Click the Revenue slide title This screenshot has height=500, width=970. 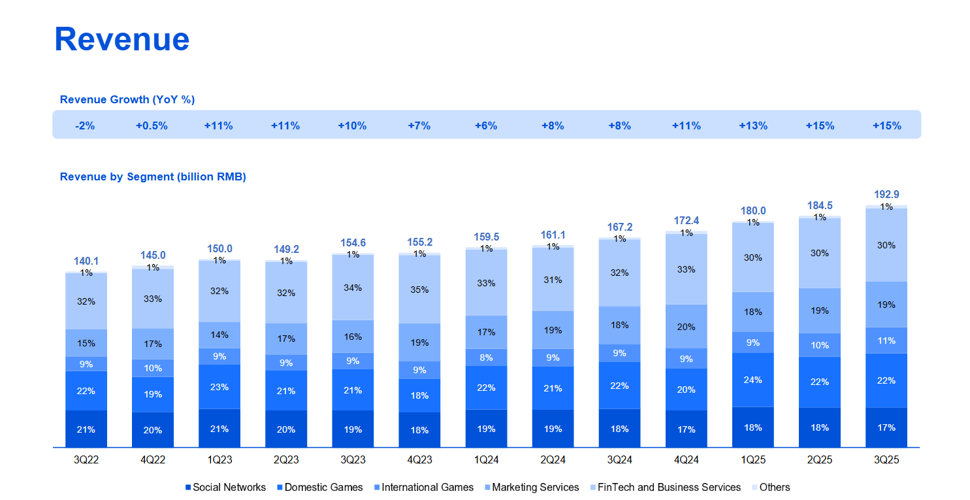[122, 39]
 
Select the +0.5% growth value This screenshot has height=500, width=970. [152, 125]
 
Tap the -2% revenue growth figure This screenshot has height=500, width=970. [85, 125]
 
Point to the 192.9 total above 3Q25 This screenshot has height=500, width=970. [886, 195]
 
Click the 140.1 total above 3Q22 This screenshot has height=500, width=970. [86, 261]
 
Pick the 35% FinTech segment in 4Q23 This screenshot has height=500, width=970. [419, 290]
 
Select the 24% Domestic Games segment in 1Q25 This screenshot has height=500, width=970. [753, 380]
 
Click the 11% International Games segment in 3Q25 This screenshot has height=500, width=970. [886, 341]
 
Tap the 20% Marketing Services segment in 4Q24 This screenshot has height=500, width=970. [686, 327]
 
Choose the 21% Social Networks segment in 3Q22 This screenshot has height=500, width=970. [86, 429]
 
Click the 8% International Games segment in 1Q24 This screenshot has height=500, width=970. [486, 358]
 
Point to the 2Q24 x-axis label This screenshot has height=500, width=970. [553, 460]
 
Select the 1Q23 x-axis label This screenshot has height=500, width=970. [219, 460]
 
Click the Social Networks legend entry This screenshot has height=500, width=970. [225, 488]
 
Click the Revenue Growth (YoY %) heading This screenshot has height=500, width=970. [127, 99]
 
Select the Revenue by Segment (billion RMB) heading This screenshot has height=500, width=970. [153, 177]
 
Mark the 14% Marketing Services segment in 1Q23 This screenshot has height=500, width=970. [219, 335]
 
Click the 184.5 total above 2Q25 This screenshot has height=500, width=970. [820, 205]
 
